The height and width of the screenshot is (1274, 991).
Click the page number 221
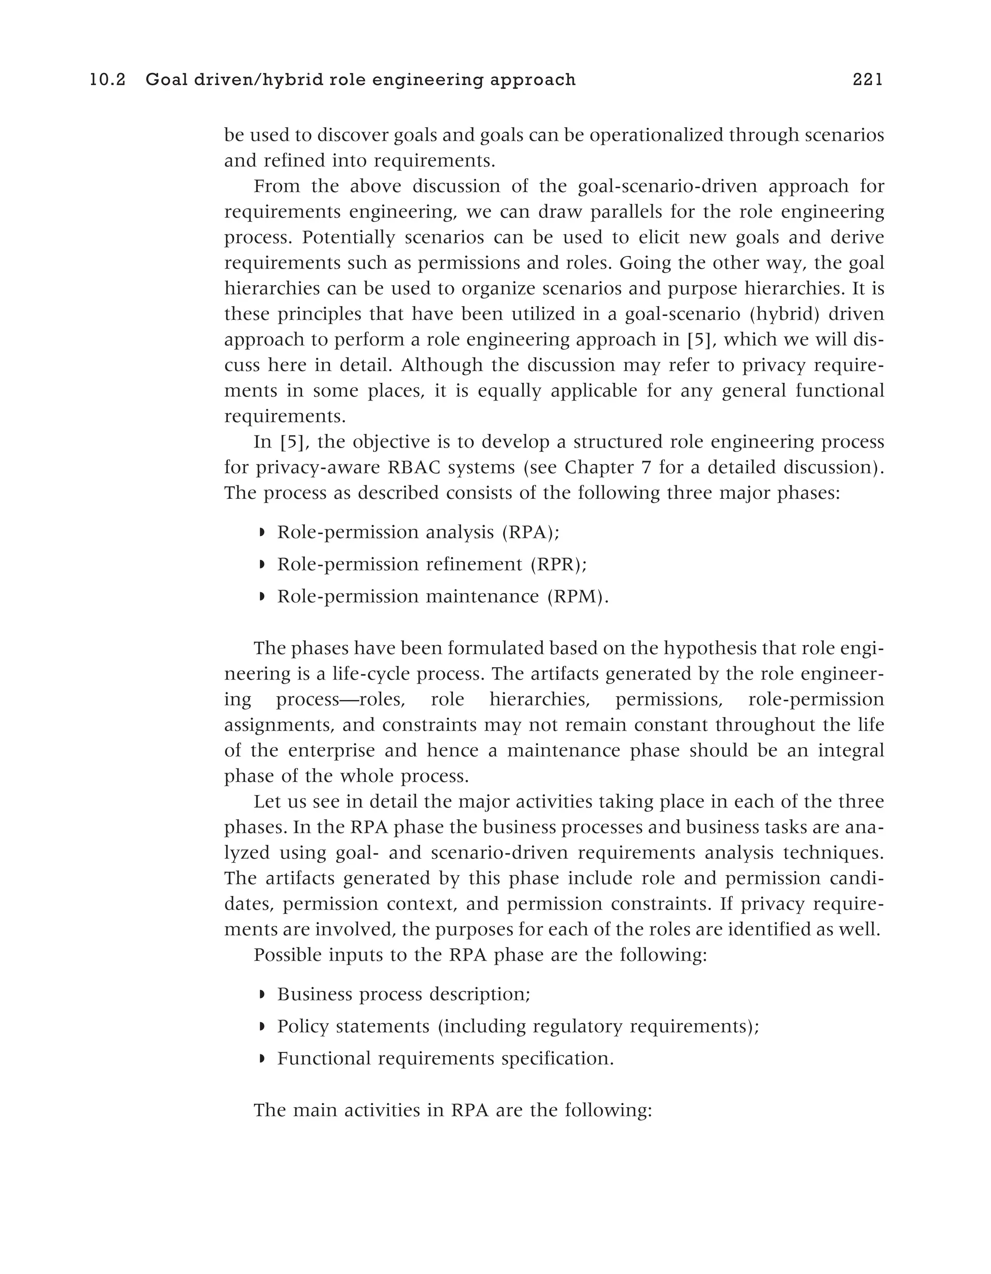click(x=867, y=80)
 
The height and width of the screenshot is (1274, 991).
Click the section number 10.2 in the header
click(x=108, y=80)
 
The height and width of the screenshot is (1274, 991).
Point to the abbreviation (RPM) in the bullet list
click(x=577, y=596)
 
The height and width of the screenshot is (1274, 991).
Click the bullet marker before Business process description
click(x=262, y=994)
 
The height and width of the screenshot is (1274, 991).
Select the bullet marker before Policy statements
click(x=262, y=1026)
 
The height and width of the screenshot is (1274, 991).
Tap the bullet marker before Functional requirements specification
click(x=262, y=1058)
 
